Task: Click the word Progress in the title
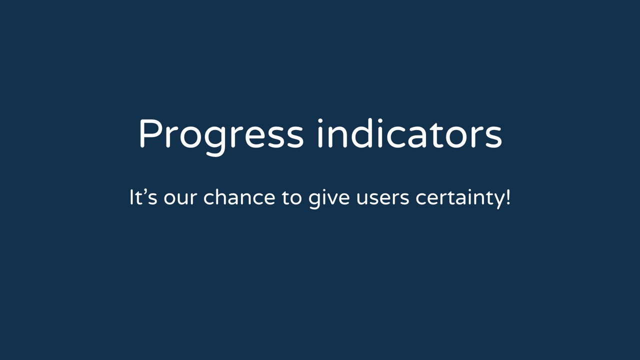click(x=221, y=137)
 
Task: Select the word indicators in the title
click(x=409, y=133)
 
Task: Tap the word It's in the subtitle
click(x=143, y=197)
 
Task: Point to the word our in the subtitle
click(x=180, y=198)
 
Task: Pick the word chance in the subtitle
click(x=239, y=197)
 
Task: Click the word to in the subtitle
click(x=291, y=197)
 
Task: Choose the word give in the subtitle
click(x=329, y=198)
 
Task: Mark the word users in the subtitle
click(x=383, y=198)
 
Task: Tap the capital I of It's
click(x=131, y=197)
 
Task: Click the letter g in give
click(x=314, y=200)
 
